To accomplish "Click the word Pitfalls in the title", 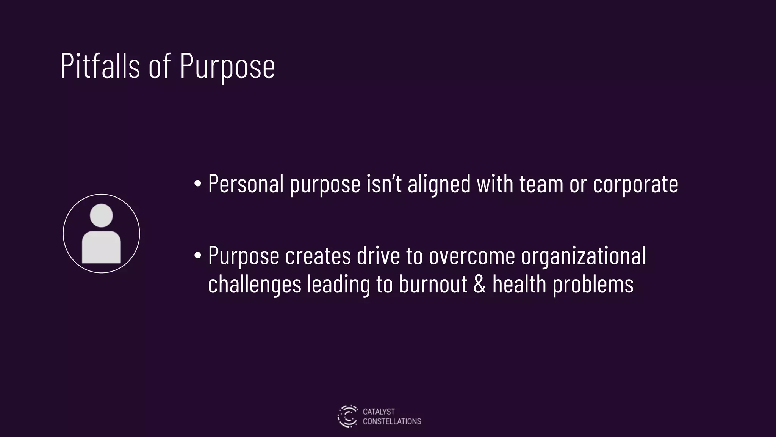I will [x=100, y=66].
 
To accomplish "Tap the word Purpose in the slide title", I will [x=227, y=67].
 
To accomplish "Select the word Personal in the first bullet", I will [x=246, y=184].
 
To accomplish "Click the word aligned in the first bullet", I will [x=439, y=184].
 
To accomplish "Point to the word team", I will [x=541, y=184].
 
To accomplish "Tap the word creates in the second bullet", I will [x=318, y=256].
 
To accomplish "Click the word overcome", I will [x=472, y=256].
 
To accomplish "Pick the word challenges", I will [x=255, y=285].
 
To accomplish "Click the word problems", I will [x=593, y=285].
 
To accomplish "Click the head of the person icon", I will [x=101, y=215].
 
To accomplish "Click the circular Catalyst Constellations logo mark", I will [x=347, y=416].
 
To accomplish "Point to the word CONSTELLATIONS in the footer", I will [x=392, y=421].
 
